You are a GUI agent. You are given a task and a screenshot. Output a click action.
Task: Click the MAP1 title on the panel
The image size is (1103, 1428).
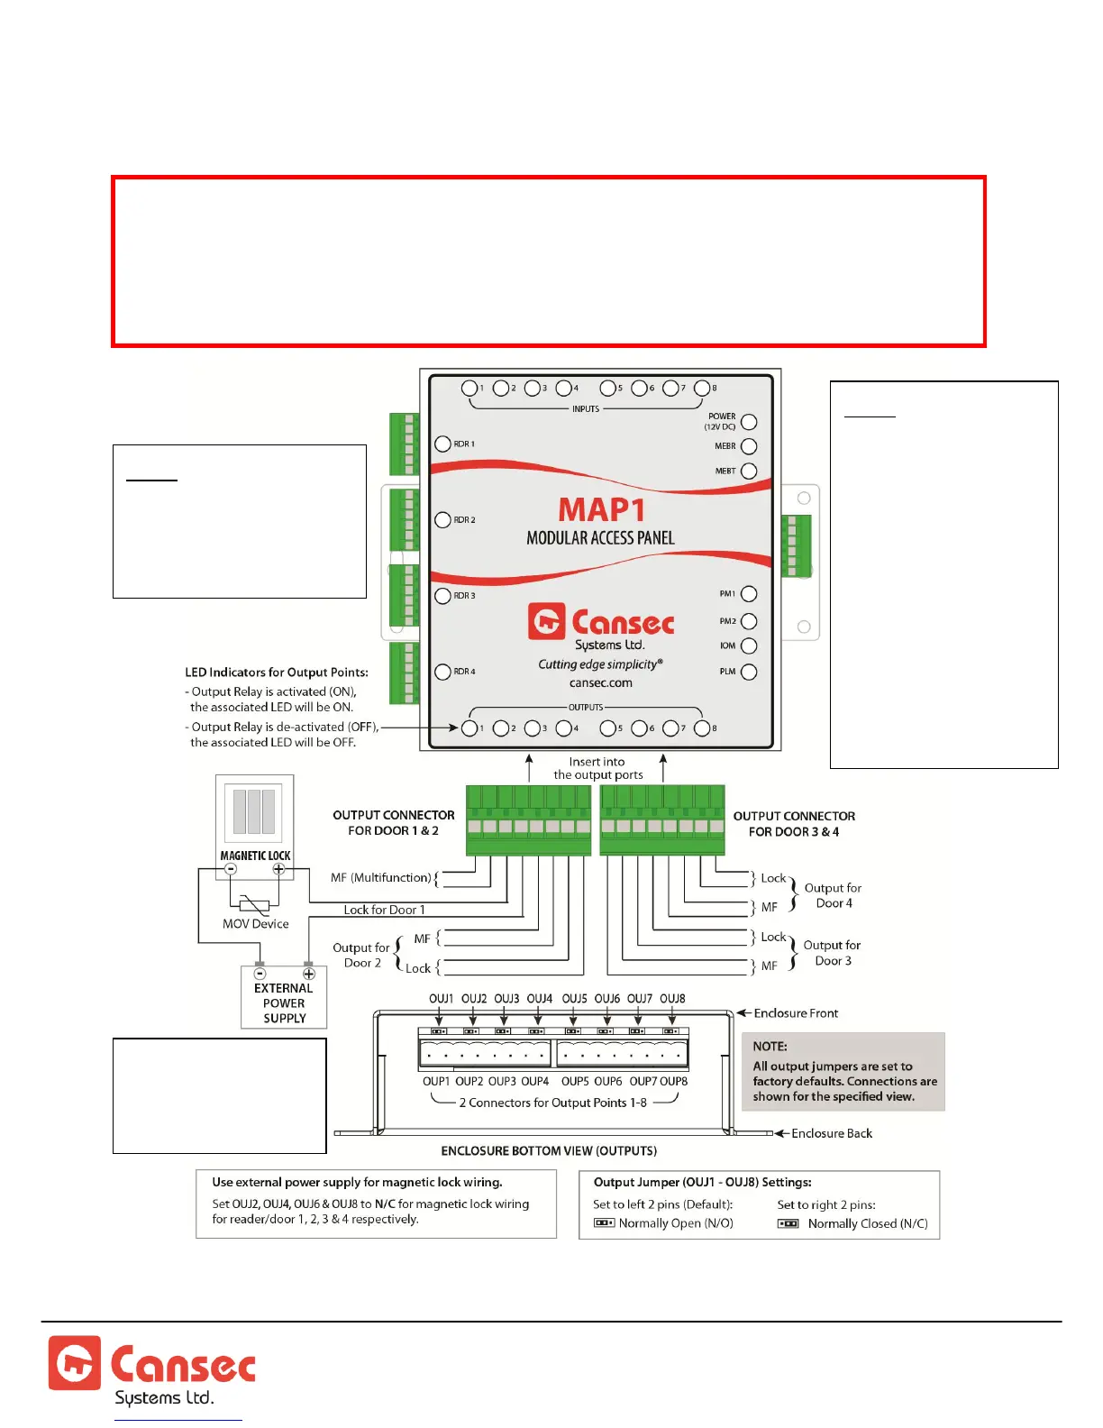601,509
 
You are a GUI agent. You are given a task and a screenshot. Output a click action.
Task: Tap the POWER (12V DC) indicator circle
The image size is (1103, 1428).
749,422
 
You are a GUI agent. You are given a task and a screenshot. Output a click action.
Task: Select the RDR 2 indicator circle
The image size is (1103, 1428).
442,520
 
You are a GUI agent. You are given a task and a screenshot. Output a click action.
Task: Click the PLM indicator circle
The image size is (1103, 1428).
749,672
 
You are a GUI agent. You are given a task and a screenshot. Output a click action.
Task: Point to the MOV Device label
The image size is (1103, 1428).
256,924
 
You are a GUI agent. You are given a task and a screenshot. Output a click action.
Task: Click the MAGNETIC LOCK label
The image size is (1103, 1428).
256,856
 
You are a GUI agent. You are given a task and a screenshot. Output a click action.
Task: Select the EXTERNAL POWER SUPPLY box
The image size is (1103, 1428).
284,997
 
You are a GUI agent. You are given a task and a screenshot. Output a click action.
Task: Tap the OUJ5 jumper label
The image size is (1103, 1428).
574,999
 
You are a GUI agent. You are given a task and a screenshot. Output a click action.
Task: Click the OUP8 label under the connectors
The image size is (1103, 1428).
673,1081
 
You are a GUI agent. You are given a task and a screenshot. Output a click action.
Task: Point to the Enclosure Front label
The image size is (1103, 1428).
796,1013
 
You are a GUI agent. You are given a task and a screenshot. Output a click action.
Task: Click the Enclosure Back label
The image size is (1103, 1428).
832,1133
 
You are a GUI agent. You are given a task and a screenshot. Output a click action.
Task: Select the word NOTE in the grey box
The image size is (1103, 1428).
770,1047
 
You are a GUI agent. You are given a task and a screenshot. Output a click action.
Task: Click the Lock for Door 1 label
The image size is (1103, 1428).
384,910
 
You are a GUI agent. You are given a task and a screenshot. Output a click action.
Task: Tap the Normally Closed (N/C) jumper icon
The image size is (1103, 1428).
789,1223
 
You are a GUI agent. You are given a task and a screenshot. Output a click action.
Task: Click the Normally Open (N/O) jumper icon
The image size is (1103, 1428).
604,1223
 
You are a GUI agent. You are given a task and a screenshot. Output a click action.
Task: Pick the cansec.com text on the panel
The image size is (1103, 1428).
601,682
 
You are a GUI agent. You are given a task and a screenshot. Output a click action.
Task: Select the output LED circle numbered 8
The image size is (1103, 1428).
702,728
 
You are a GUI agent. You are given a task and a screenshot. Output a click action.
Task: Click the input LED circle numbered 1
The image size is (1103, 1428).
469,388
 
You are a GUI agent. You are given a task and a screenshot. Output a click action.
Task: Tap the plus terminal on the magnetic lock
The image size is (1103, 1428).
279,870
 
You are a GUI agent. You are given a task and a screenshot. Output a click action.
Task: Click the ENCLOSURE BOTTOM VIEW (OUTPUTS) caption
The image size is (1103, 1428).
549,1151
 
